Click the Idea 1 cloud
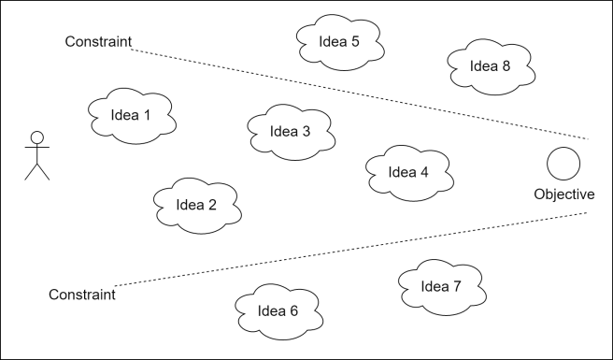pos(132,116)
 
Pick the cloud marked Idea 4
pos(408,172)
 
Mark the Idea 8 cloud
pos(491,66)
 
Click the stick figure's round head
pos(36,137)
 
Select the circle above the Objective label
pos(563,164)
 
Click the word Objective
pos(563,194)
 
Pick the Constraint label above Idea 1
pos(98,42)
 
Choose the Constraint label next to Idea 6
pos(82,295)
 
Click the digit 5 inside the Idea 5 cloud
pos(354,42)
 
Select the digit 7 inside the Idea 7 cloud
pos(457,287)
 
